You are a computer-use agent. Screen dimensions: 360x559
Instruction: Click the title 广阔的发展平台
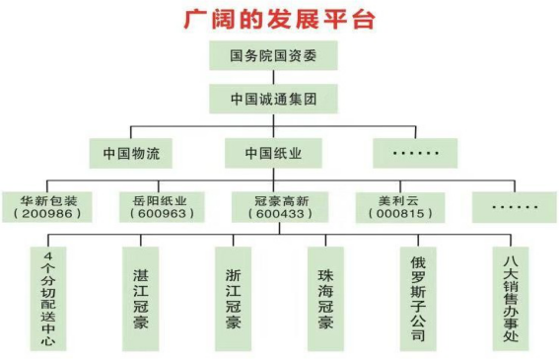[x=278, y=17]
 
